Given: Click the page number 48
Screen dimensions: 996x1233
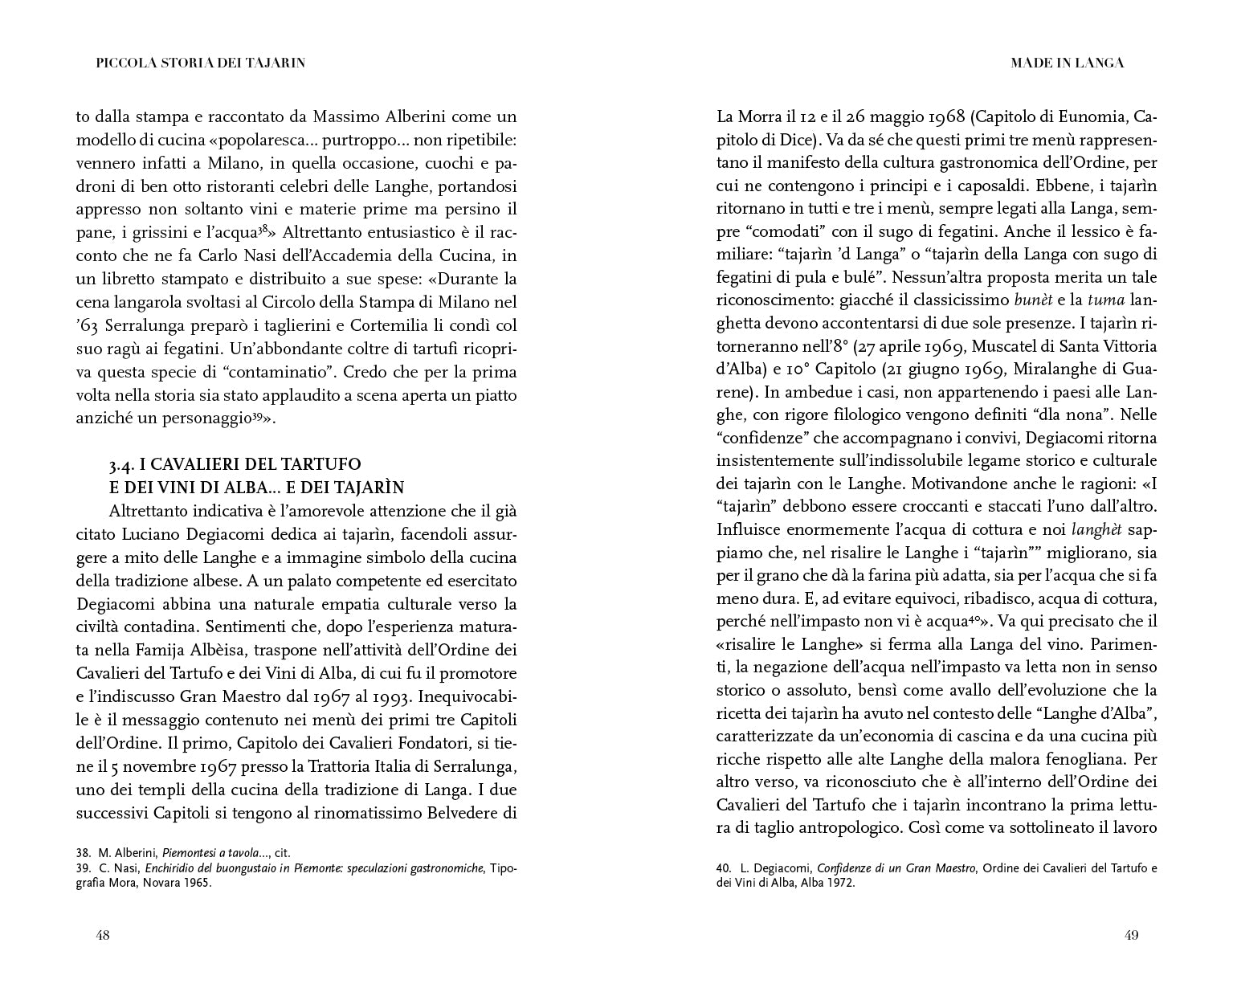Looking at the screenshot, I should (103, 935).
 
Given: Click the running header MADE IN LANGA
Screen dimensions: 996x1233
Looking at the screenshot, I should (1067, 63).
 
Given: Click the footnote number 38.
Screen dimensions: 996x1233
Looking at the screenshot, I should (84, 852).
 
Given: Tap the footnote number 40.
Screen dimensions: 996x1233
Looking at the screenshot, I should (723, 867).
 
